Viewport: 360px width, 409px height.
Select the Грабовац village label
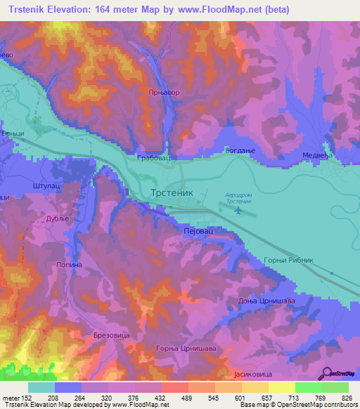coord(152,159)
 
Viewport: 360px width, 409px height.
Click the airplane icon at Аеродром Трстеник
coord(238,209)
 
